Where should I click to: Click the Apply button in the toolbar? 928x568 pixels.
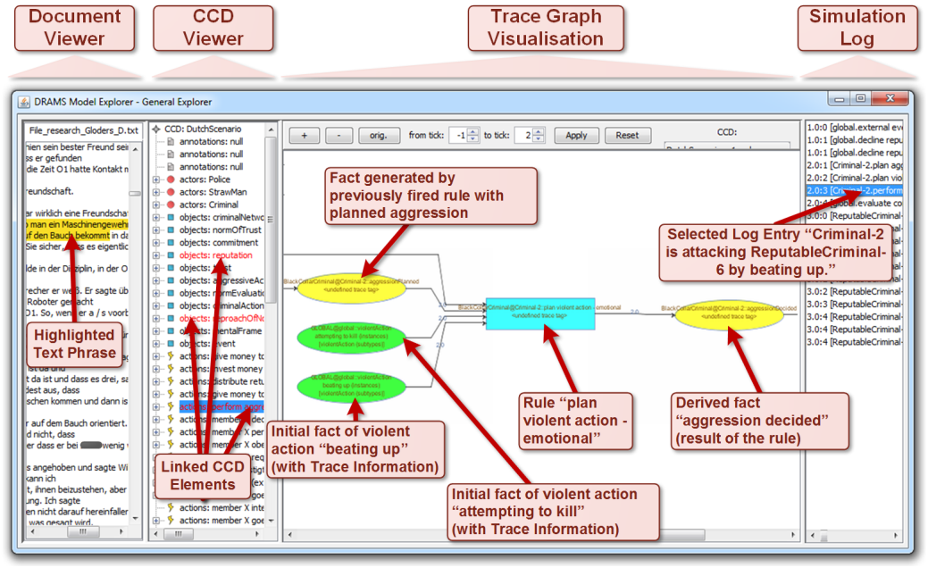pyautogui.click(x=576, y=136)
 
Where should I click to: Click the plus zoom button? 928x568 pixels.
pyautogui.click(x=304, y=136)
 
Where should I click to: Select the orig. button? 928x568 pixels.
pyautogui.click(x=379, y=136)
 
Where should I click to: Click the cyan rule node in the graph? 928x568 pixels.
pyautogui.click(x=539, y=313)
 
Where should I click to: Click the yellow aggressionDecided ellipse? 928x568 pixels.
pyautogui.click(x=729, y=314)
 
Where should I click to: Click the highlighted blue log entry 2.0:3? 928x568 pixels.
pyautogui.click(x=854, y=190)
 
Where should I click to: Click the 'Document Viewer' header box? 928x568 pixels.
pyautogui.click(x=75, y=28)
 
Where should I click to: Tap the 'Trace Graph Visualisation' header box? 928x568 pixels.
pyautogui.click(x=547, y=28)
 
